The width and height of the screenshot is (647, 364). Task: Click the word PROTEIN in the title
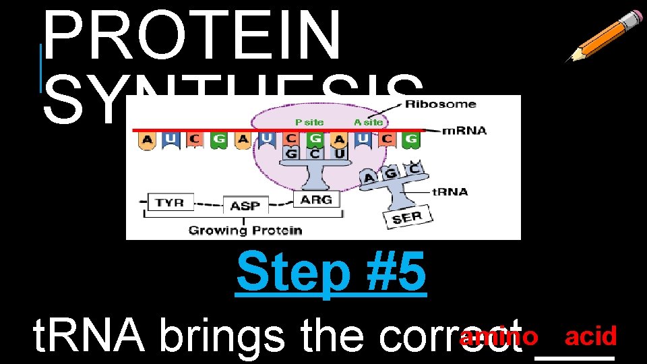pos(193,34)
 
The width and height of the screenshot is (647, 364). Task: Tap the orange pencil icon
pos(603,36)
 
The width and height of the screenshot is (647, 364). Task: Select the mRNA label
pos(464,130)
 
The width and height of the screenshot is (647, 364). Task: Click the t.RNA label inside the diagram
pos(449,191)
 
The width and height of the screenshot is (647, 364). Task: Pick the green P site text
pos(309,122)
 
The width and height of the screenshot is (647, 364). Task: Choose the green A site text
pos(369,122)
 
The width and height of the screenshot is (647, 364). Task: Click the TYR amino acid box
pos(170,202)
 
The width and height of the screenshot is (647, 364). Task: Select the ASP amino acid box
pos(245,206)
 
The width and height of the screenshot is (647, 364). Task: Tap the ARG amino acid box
pos(315,200)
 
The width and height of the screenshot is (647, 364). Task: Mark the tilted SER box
pos(407,218)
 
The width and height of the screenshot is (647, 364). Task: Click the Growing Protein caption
pos(245,231)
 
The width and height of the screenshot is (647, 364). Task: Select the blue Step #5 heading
pos(331,272)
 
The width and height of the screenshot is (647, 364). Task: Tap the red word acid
pos(591,336)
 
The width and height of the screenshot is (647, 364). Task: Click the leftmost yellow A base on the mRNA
pos(146,140)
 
